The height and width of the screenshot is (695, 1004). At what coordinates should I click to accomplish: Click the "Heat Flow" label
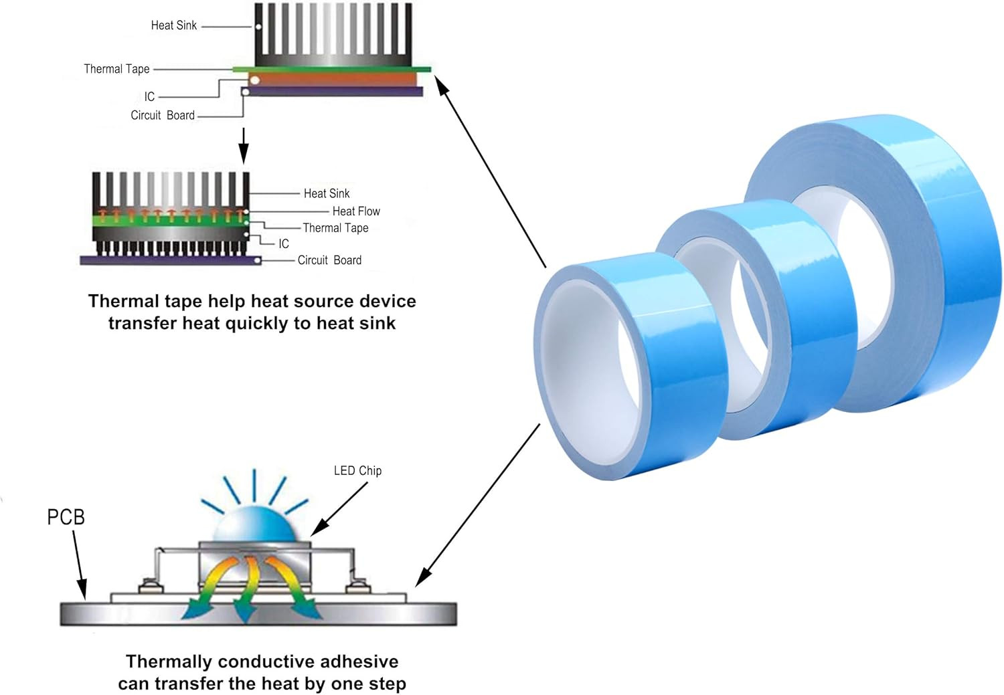tap(355, 211)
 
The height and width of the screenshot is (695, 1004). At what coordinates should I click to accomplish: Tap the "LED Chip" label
tap(357, 471)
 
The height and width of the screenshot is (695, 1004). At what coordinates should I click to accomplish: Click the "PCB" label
tap(66, 517)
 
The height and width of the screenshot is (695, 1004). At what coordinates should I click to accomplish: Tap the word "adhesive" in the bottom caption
tap(359, 662)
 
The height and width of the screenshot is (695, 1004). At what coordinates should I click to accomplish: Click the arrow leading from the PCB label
tap(78, 565)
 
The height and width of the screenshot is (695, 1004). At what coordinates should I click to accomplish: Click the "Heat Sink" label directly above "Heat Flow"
tap(326, 193)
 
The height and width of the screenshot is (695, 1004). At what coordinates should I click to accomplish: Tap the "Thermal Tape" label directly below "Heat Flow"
tap(335, 228)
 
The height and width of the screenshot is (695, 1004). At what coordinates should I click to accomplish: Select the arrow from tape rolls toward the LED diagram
tap(479, 506)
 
